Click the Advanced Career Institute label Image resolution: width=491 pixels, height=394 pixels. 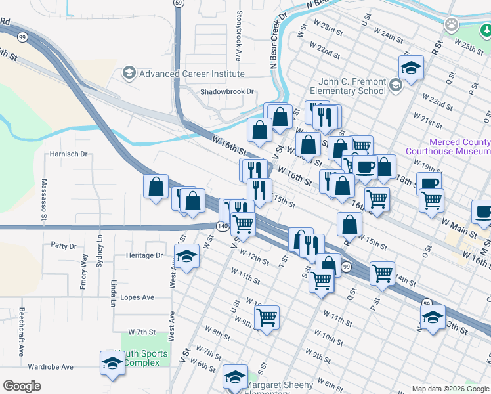[x=192, y=74]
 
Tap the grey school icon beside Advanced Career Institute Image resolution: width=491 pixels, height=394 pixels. [x=129, y=73]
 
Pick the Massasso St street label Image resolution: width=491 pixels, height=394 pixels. [x=44, y=198]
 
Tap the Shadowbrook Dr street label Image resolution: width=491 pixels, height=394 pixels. [x=226, y=92]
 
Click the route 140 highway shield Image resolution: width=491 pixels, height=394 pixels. [x=223, y=226]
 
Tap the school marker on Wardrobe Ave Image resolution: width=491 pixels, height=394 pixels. [x=112, y=363]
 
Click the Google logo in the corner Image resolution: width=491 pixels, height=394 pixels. [x=22, y=386]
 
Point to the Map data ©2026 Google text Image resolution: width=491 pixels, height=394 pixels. [x=450, y=389]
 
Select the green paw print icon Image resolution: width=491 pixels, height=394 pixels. [x=451, y=25]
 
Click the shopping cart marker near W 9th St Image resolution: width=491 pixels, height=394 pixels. [x=267, y=318]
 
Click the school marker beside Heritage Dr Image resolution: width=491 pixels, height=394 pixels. [x=186, y=257]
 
